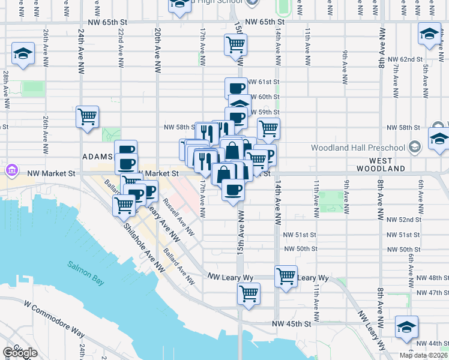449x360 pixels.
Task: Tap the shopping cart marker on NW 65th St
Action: (x=236, y=44)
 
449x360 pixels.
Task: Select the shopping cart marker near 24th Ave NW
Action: (x=88, y=116)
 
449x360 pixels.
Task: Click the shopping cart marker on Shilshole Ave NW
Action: (x=124, y=205)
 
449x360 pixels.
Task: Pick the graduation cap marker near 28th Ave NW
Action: (x=23, y=53)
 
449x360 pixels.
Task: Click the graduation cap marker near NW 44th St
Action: (x=406, y=327)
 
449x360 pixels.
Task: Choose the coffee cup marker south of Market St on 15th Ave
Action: (x=233, y=190)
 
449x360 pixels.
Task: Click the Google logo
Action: (x=20, y=353)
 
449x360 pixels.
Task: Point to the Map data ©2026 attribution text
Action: (x=423, y=355)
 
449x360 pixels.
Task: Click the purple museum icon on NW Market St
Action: (x=11, y=170)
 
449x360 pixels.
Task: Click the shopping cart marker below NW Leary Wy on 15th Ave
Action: (x=249, y=294)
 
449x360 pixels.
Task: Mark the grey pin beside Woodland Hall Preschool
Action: (x=414, y=147)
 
